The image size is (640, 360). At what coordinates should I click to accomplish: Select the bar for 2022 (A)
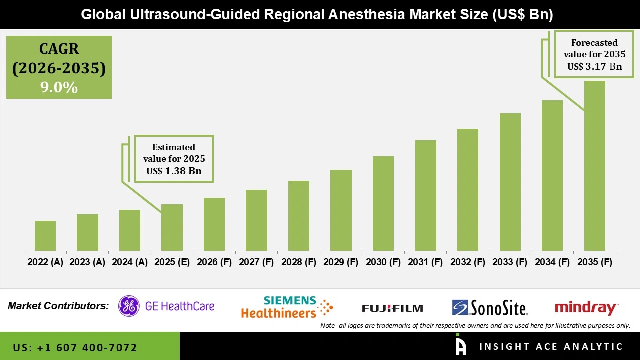coord(45,236)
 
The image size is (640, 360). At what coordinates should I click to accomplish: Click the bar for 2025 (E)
coord(172,227)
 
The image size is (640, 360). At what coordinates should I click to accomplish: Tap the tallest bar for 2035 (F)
coord(594,166)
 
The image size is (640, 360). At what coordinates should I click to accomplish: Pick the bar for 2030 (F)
coord(383,203)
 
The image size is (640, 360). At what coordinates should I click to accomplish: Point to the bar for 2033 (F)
coord(510,182)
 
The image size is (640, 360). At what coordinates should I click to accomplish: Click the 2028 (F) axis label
coord(299,262)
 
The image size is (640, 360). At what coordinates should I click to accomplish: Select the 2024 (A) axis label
coord(129,262)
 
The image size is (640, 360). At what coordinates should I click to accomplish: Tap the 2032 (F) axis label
coord(468,262)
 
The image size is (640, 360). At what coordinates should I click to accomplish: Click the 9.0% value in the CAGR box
coord(59,88)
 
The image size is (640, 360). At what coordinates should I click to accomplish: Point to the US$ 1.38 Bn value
coord(174,171)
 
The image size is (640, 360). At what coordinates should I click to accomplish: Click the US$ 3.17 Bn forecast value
coord(594,66)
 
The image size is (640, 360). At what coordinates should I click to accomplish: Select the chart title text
coord(317,15)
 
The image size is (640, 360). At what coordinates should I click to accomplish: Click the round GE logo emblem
coord(129,306)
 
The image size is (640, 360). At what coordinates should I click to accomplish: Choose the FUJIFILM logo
coord(392,308)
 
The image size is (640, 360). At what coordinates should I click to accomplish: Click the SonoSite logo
coord(490,307)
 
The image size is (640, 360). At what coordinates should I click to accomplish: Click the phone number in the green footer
coord(75,347)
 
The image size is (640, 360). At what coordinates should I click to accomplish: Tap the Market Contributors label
coord(58,306)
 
